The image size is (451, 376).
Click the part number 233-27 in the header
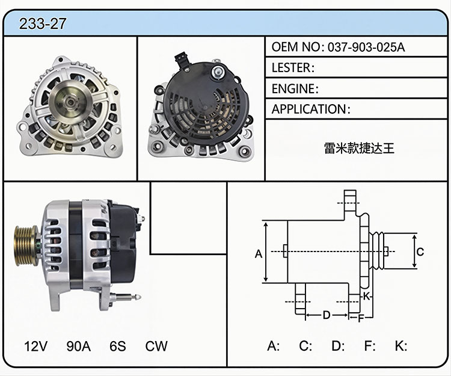(x=43, y=23)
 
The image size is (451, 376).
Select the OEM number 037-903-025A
(x=366, y=47)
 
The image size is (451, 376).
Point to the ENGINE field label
(x=295, y=88)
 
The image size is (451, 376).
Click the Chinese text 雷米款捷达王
(x=359, y=148)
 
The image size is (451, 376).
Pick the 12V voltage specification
(x=35, y=346)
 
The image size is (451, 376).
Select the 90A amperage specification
(x=79, y=346)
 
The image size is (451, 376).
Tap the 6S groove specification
(x=118, y=346)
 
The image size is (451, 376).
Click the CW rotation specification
(x=156, y=346)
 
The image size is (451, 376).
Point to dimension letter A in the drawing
(x=259, y=254)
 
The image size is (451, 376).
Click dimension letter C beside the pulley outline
(x=420, y=251)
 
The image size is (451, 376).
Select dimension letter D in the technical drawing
(x=326, y=315)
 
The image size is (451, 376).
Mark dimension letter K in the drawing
(x=366, y=296)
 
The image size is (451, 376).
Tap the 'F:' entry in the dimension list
(x=370, y=346)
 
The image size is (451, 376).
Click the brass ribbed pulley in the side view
(x=26, y=246)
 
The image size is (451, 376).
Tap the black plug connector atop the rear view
(x=181, y=60)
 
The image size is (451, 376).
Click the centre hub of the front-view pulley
(x=70, y=101)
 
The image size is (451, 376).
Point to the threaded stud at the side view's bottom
(x=125, y=297)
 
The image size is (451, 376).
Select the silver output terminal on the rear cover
(x=218, y=72)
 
